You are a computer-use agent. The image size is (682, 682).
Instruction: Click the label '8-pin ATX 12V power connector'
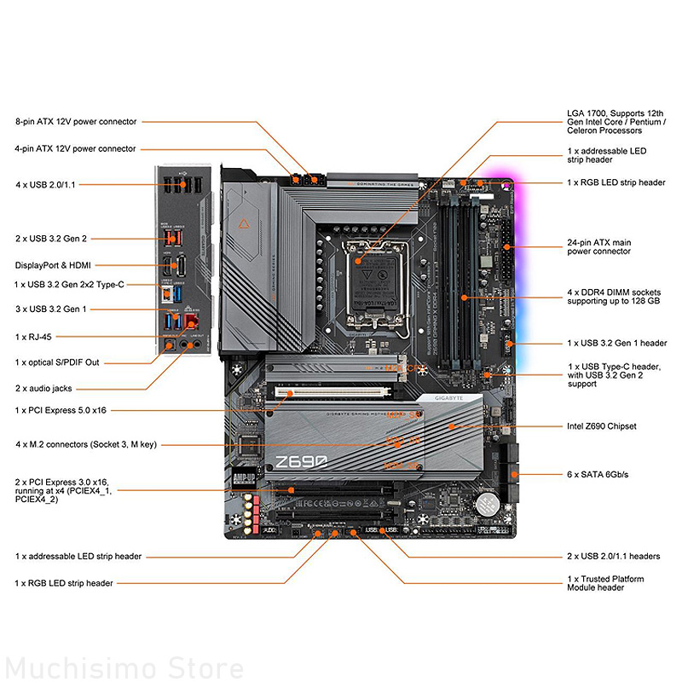tap(75, 122)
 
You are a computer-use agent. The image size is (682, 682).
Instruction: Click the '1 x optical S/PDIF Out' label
tap(57, 362)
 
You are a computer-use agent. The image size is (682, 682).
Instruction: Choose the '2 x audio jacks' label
tap(43, 388)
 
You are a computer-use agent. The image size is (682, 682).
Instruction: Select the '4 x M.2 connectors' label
tap(85, 444)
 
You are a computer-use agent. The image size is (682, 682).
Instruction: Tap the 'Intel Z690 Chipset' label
tap(601, 425)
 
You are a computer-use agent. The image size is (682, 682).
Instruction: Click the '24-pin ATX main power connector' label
tap(599, 247)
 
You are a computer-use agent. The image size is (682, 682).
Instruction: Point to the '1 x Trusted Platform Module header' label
tap(605, 584)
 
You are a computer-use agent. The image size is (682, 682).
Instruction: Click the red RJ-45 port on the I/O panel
tap(192, 322)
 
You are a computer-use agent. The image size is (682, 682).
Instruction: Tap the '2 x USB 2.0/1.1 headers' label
tap(613, 556)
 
